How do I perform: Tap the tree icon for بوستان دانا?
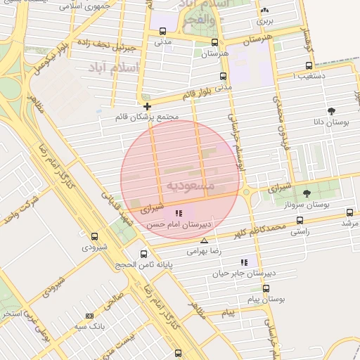[331, 110]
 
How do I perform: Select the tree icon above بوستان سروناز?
[306, 193]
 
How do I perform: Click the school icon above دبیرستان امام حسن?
[179, 212]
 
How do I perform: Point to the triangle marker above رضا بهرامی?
[204, 240]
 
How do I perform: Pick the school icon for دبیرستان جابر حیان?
[244, 262]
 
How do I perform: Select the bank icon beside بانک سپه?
[89, 316]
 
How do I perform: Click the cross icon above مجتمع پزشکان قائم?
[146, 106]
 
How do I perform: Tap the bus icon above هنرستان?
[205, 42]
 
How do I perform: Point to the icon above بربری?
[264, 11]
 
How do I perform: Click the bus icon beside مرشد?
[349, 212]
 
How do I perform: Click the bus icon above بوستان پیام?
[266, 288]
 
